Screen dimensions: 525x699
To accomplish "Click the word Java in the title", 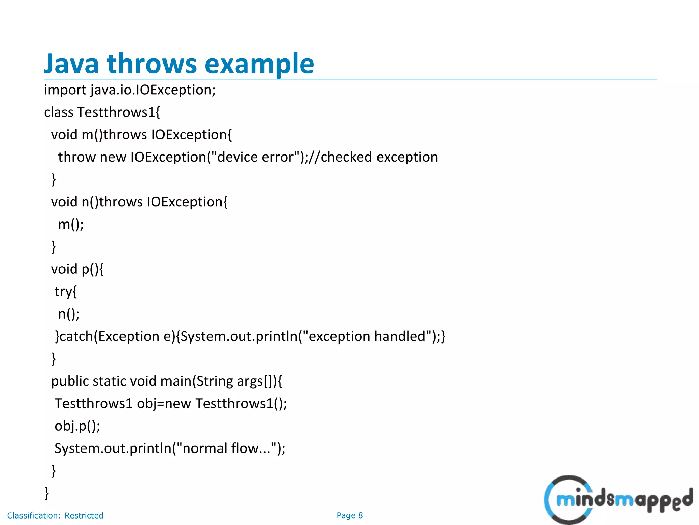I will [71, 64].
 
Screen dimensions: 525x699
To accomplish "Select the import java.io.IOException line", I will [130, 90].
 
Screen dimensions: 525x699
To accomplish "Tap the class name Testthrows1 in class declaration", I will [116, 112].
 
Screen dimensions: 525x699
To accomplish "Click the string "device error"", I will [256, 157].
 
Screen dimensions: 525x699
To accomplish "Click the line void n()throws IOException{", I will [139, 202].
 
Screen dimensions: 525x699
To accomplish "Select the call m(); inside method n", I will [71, 225].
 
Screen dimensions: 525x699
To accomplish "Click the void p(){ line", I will [77, 269].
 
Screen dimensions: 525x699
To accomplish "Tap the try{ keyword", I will [66, 292].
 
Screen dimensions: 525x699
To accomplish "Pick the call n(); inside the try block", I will [69, 314].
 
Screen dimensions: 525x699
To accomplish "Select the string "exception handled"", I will [367, 336].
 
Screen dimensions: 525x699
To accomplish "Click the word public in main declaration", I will [70, 381].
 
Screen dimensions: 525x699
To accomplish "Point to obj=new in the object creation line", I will [163, 404].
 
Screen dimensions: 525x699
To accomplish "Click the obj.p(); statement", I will [77, 426].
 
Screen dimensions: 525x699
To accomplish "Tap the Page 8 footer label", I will [349, 515].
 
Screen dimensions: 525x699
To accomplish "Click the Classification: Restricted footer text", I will [55, 515].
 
